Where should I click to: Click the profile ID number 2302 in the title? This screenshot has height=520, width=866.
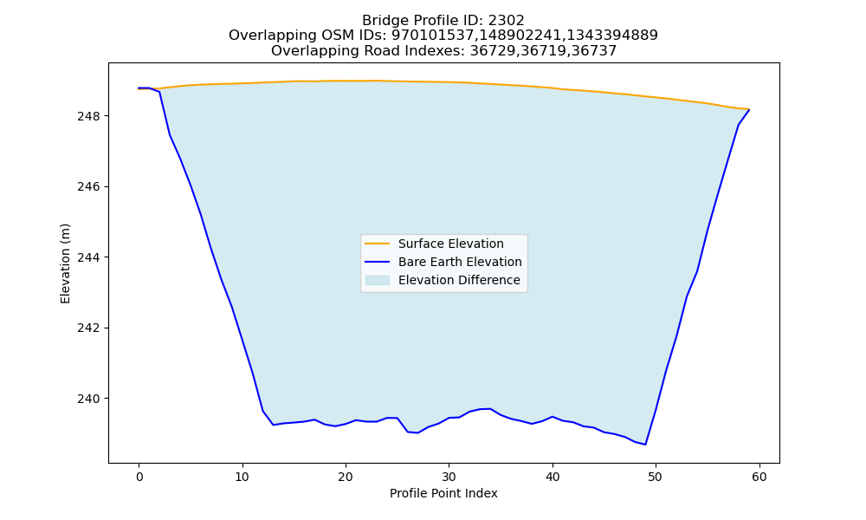pos(506,21)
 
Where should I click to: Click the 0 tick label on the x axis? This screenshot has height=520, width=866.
pos(139,477)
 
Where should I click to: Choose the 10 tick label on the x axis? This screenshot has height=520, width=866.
pos(242,477)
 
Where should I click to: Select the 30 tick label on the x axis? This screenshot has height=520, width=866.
pos(449,477)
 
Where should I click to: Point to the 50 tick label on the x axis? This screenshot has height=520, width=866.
pos(656,477)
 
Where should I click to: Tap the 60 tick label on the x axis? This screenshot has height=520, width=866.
pos(759,477)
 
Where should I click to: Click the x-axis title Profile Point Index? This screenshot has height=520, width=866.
pos(443,493)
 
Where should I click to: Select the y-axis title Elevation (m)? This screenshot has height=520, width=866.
pos(66,263)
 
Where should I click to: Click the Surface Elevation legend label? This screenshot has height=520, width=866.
pos(450,244)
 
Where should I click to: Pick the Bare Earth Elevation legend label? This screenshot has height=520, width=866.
pos(460,262)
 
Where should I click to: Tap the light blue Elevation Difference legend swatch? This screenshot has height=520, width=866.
pos(378,280)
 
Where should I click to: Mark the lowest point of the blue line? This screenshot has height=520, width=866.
pos(645,445)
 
